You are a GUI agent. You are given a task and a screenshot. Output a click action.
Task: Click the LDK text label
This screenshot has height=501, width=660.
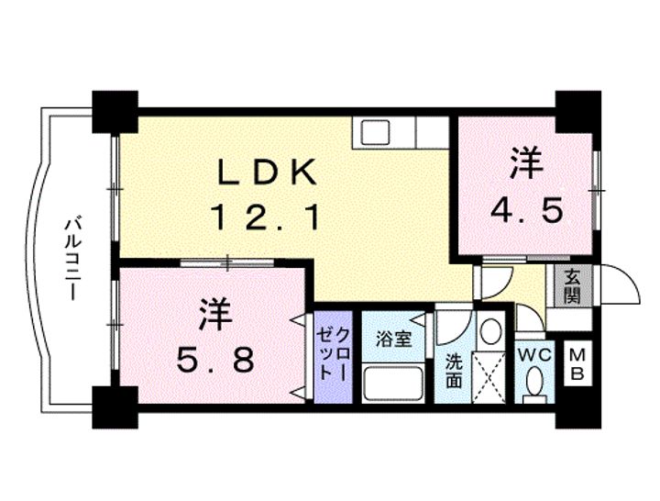click(267, 172)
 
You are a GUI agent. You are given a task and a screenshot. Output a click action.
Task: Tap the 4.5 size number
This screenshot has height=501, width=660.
click(525, 211)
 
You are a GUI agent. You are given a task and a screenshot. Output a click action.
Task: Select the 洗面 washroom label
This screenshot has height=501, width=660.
click(454, 368)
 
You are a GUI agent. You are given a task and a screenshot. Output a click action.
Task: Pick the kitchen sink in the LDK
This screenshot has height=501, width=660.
click(376, 132)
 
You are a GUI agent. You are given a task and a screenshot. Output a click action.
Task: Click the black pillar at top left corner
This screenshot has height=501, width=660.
click(114, 107)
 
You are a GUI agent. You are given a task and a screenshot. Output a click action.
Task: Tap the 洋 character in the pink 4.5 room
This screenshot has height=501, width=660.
click(525, 165)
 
